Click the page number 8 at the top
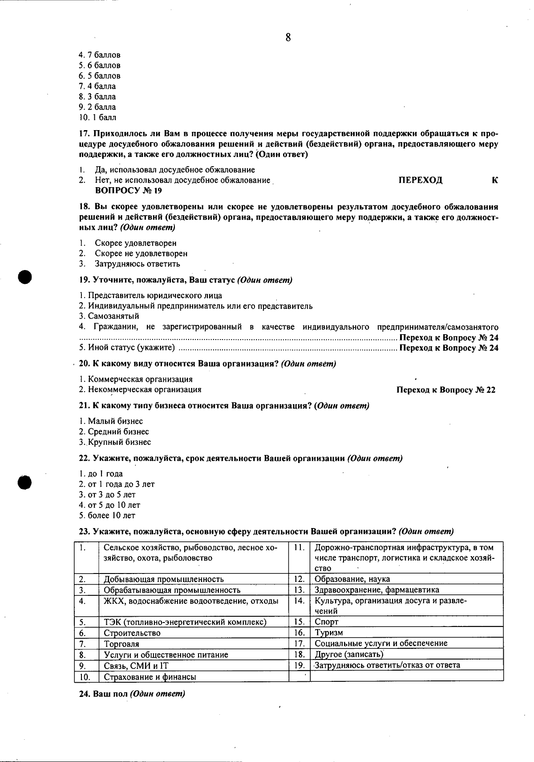coord(288,38)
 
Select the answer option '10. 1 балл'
coord(97,118)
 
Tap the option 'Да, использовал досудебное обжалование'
coord(174,170)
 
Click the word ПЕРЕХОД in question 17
coord(420,180)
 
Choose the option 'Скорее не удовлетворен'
coord(141,254)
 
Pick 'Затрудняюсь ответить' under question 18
coord(137,264)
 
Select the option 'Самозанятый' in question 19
coord(113,316)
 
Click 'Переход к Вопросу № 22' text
coord(445,390)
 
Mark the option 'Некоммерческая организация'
coord(144,389)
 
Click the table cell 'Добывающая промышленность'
coord(163,579)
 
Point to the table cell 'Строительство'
coord(132,633)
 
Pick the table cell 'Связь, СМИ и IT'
coord(136,666)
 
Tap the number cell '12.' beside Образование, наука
coord(299,579)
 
